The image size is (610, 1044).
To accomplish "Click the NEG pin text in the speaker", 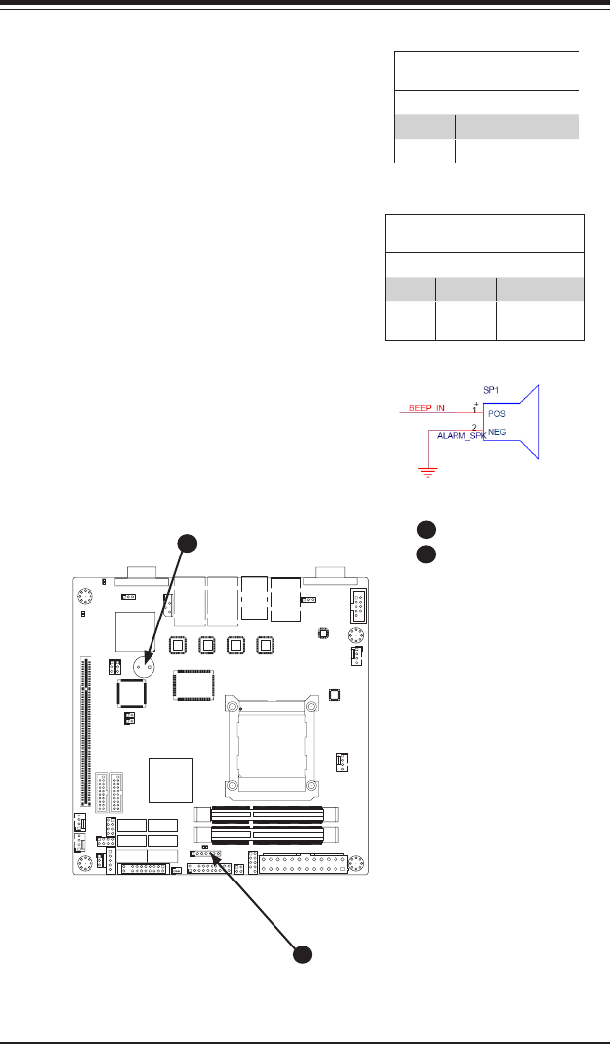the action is pos(497,432).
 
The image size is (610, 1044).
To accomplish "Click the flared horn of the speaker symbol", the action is pos(530,422).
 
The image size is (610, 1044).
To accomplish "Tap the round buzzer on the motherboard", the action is pos(147,663).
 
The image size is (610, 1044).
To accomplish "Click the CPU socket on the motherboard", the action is pos(270,743).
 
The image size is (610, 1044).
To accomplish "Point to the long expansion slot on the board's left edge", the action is pos(84,730).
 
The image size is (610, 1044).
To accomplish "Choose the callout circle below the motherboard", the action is pos(304,954).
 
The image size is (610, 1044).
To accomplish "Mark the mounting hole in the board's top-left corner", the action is pos(85,595).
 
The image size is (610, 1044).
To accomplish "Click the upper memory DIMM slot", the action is pos(269,815).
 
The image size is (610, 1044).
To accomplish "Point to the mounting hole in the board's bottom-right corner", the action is pos(359,864).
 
